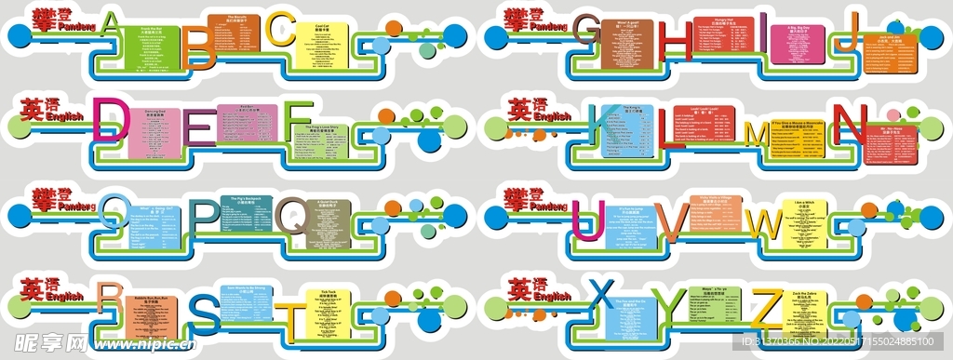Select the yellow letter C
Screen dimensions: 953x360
[280, 30]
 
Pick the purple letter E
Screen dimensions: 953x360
[198, 128]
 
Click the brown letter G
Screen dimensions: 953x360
[587, 32]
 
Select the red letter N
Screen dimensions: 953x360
[849, 122]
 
